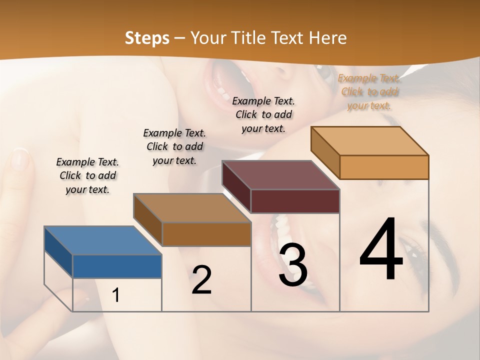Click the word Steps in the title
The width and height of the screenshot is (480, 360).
tap(147, 38)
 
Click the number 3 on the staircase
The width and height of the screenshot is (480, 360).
tap(293, 265)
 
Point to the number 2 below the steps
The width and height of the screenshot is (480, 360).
tap(201, 280)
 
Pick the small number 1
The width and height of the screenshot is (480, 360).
tap(116, 295)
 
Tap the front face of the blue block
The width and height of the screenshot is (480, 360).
tap(117, 266)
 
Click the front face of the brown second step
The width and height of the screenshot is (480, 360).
tap(206, 234)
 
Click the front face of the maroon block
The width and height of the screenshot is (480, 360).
tap(295, 201)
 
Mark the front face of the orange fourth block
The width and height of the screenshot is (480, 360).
tap(384, 167)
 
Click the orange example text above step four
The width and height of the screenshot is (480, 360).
tap(369, 92)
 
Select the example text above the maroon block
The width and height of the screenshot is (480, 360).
tap(263, 114)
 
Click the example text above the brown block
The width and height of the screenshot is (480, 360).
tap(174, 146)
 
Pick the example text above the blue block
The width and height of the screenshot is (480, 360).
tap(87, 175)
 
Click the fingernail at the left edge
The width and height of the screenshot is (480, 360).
tap(19, 159)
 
